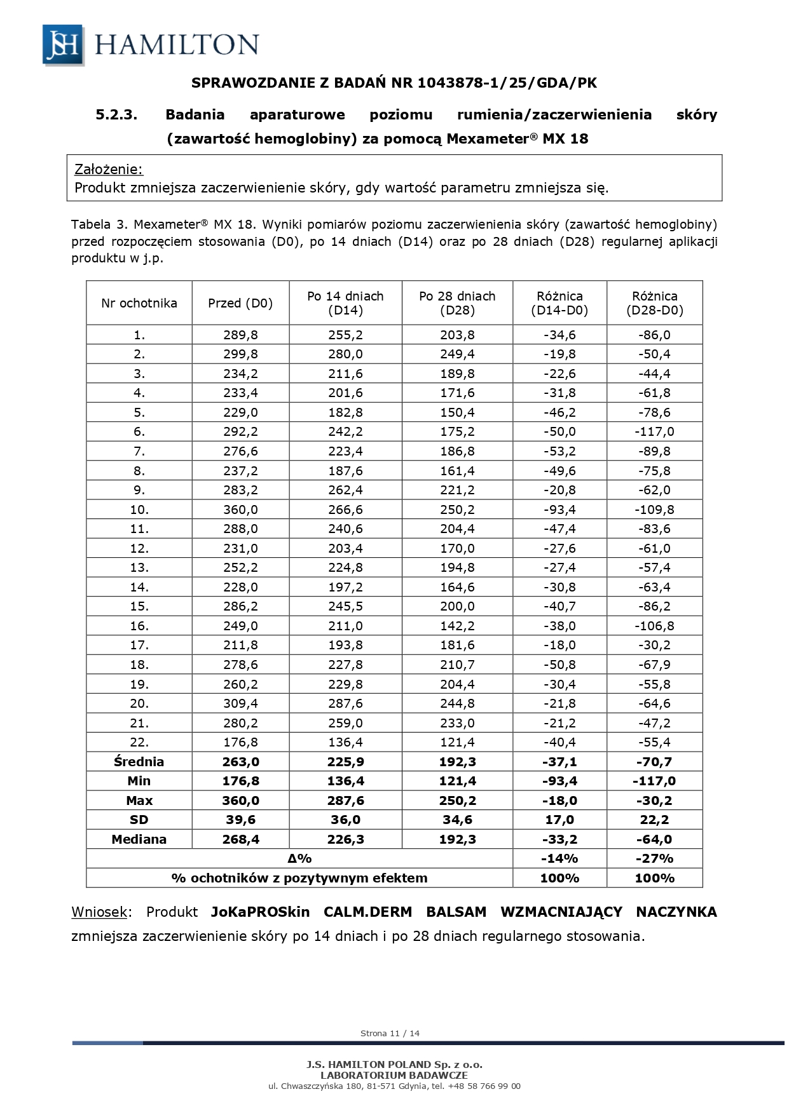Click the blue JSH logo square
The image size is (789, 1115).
(x=63, y=44)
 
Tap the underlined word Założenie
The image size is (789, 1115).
(x=109, y=170)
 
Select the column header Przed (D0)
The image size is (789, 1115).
(x=240, y=303)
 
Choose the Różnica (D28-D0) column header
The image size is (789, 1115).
(x=654, y=303)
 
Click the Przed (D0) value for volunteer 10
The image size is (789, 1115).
(x=240, y=510)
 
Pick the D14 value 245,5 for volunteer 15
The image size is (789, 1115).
(x=345, y=606)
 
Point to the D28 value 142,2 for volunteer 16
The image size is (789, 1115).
(x=457, y=626)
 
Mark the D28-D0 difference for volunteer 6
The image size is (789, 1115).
(x=654, y=432)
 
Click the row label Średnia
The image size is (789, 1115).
(x=139, y=762)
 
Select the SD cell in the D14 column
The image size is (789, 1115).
(x=345, y=820)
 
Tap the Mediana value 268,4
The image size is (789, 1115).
(x=240, y=839)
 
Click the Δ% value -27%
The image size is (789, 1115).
(x=654, y=858)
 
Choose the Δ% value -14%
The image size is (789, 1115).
(x=559, y=858)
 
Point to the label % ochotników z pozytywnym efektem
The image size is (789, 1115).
(x=299, y=878)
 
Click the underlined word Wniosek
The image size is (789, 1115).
(x=99, y=912)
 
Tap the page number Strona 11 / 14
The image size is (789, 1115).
(x=390, y=1033)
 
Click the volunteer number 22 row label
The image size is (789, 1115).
(x=139, y=742)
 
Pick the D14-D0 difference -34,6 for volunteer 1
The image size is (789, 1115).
(x=559, y=335)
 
